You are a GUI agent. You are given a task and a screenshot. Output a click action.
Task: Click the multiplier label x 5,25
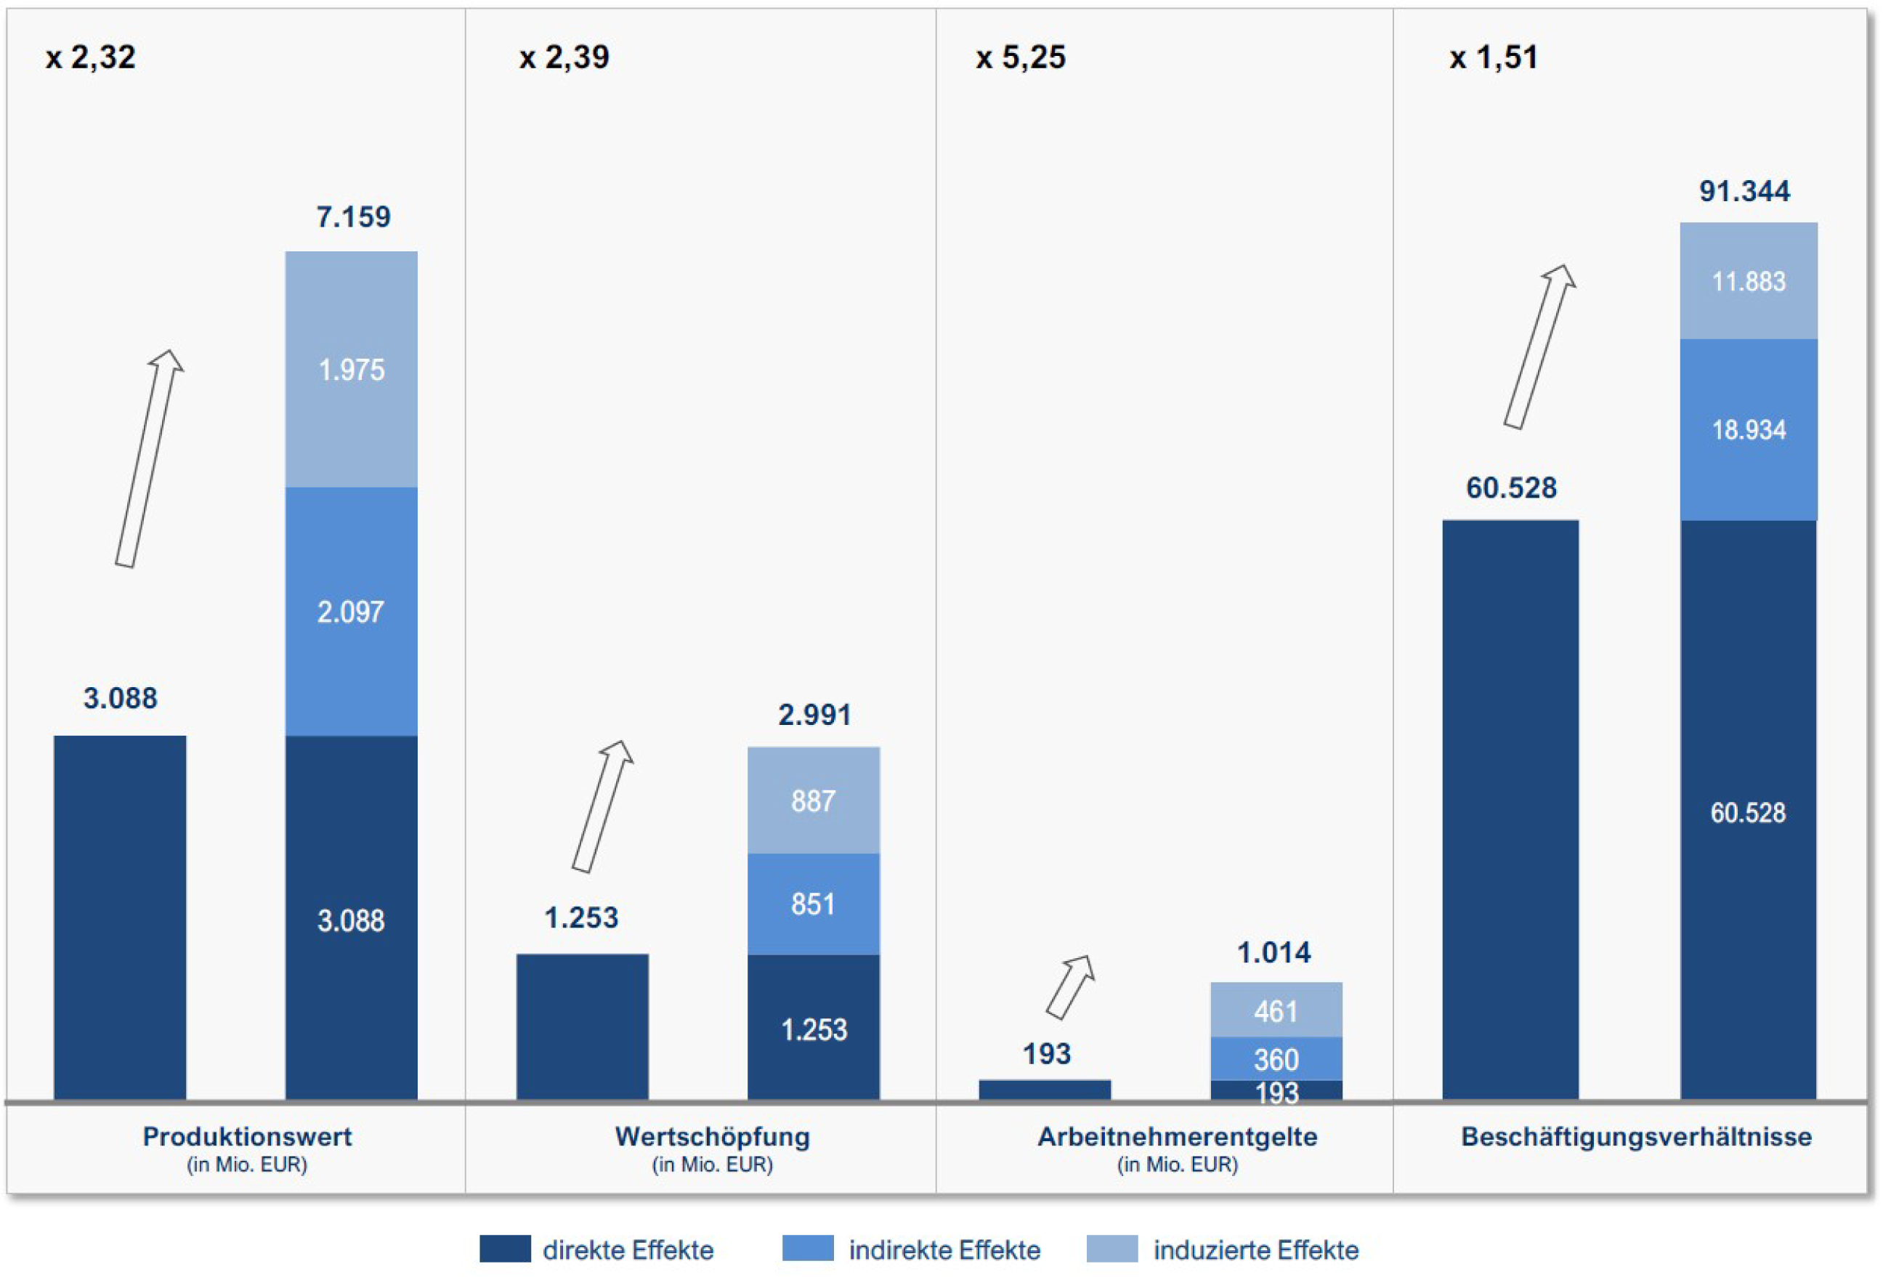1021,57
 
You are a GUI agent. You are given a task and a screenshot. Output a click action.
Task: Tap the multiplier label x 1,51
1494,57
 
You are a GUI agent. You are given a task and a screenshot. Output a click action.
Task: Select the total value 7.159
353,216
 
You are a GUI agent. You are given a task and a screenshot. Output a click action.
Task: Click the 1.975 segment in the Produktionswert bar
352,370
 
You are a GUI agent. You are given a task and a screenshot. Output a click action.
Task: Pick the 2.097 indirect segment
352,612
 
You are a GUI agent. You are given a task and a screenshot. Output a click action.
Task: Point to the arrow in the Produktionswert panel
149,458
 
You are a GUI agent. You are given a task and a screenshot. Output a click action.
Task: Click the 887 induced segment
814,800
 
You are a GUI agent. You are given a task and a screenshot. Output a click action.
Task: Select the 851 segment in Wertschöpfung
814,904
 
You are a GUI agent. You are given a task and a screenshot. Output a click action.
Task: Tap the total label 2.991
815,715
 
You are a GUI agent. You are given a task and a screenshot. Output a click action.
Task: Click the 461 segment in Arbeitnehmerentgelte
1276,1010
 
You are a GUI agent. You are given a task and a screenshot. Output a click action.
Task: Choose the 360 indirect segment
1276,1059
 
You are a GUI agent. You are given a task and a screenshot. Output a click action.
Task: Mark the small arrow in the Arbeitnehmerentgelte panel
1070,987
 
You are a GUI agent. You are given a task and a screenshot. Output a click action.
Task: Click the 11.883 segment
1749,281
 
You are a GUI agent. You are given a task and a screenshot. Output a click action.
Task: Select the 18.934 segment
1749,430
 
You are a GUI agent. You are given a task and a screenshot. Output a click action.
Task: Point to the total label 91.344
1744,191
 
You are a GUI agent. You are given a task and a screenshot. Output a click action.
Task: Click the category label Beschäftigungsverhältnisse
1637,1137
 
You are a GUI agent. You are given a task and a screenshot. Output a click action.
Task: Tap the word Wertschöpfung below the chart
712,1137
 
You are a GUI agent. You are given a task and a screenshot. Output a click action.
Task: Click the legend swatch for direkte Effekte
505,1249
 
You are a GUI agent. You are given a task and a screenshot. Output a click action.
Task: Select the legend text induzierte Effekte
1256,1250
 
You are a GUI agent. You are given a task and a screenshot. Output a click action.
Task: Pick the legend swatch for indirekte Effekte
808,1249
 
